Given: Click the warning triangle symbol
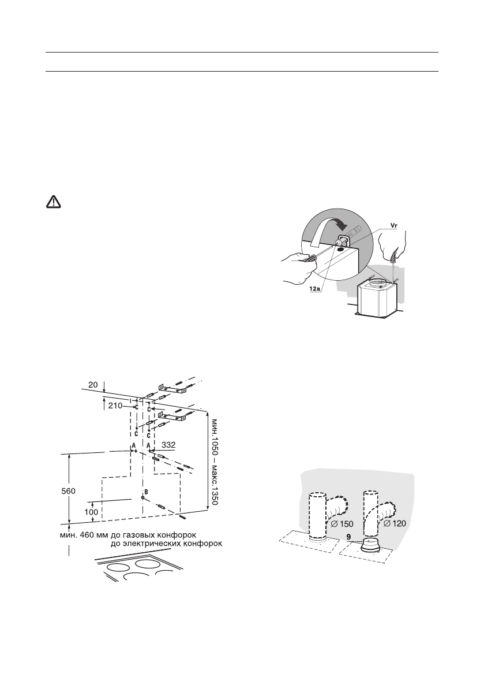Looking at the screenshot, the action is pyautogui.click(x=53, y=202).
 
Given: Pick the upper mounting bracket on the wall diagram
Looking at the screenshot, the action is pyautogui.click(x=171, y=388).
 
